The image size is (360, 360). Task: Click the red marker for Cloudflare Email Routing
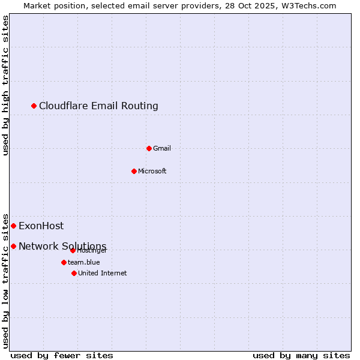tap(34, 106)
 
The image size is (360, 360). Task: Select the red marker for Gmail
tap(149, 148)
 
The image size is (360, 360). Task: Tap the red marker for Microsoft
tap(134, 171)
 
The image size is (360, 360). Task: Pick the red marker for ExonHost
tap(13, 226)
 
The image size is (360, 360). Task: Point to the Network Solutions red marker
tap(13, 246)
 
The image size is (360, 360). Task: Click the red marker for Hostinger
tap(73, 250)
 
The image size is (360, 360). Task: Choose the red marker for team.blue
tap(64, 262)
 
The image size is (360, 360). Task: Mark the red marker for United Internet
tap(74, 273)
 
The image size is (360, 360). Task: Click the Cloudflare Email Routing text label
tap(98, 106)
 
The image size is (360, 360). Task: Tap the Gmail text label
tap(162, 148)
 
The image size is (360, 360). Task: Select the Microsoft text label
tap(152, 171)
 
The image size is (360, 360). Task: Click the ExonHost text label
tap(41, 226)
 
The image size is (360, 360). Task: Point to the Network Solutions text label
tap(62, 246)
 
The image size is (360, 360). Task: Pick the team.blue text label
tap(84, 262)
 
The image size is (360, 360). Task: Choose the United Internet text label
tap(103, 273)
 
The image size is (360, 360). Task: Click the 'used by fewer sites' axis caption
tap(62, 355)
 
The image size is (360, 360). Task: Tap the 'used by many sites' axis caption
tap(301, 355)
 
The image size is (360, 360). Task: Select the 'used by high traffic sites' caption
tap(6, 85)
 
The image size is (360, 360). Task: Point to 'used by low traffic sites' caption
tap(6, 280)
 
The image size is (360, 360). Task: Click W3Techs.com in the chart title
tap(309, 5)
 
